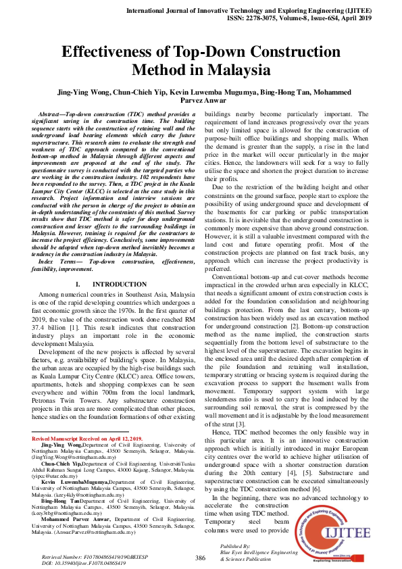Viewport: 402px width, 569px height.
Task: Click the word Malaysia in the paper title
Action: [238, 70]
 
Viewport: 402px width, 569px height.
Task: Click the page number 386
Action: [200, 558]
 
